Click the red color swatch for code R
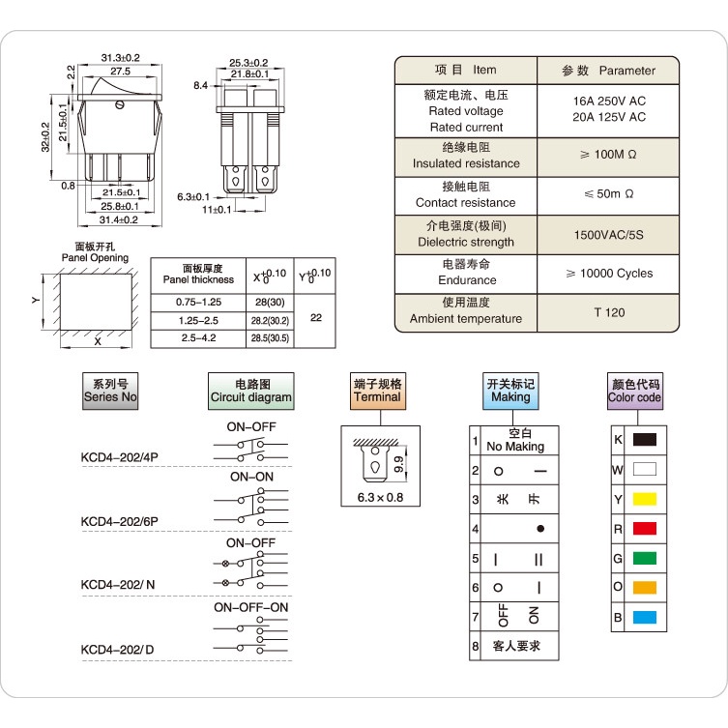tap(645, 528)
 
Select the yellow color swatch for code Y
tap(645, 499)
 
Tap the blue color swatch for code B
tap(645, 617)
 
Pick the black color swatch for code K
tap(645, 439)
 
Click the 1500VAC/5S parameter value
tap(609, 235)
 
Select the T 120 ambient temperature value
tap(609, 312)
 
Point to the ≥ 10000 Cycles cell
tap(609, 274)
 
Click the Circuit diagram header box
tap(251, 391)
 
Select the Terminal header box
tap(377, 391)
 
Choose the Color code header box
tap(634, 391)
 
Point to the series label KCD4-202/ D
tap(117, 649)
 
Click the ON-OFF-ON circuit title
tap(251, 607)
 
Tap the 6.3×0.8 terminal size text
tap(380, 497)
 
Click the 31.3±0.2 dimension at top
tap(121, 58)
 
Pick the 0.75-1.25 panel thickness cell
tap(198, 302)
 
